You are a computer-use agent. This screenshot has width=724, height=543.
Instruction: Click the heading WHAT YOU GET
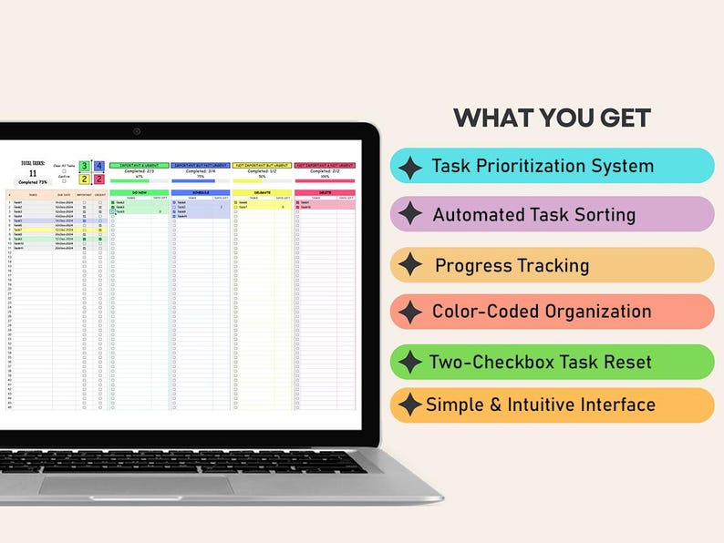[x=552, y=118]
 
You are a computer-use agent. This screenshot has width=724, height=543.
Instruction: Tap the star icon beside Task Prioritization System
[x=410, y=167]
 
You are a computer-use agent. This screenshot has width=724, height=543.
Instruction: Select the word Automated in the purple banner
[x=476, y=216]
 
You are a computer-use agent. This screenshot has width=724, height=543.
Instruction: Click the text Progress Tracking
[x=512, y=266]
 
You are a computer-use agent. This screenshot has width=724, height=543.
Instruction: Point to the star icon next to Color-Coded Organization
[x=410, y=312]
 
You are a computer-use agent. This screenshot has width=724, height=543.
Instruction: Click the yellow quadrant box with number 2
[x=84, y=179]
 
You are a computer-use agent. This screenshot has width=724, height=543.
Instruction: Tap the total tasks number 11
[x=33, y=173]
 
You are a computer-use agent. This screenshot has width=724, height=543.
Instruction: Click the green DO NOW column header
[x=139, y=192]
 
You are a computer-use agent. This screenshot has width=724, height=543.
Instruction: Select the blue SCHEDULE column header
[x=201, y=192]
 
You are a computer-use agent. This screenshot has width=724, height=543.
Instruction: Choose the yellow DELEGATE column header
[x=262, y=192]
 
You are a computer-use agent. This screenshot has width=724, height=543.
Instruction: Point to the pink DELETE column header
[x=324, y=192]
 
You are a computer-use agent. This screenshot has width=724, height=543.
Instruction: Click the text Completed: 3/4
[x=201, y=171]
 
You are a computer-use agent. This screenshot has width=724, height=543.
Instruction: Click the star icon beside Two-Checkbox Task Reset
[x=410, y=362]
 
